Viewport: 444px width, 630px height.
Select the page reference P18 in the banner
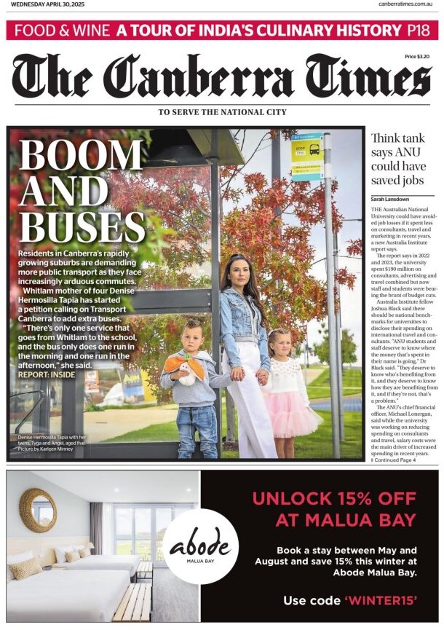(x=417, y=30)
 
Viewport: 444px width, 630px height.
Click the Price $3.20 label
(x=417, y=56)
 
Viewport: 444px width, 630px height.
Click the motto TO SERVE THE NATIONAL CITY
(x=222, y=112)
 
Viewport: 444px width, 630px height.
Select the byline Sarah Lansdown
(x=392, y=199)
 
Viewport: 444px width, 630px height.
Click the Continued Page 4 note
(x=393, y=460)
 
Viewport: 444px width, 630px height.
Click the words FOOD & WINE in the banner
(x=62, y=30)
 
